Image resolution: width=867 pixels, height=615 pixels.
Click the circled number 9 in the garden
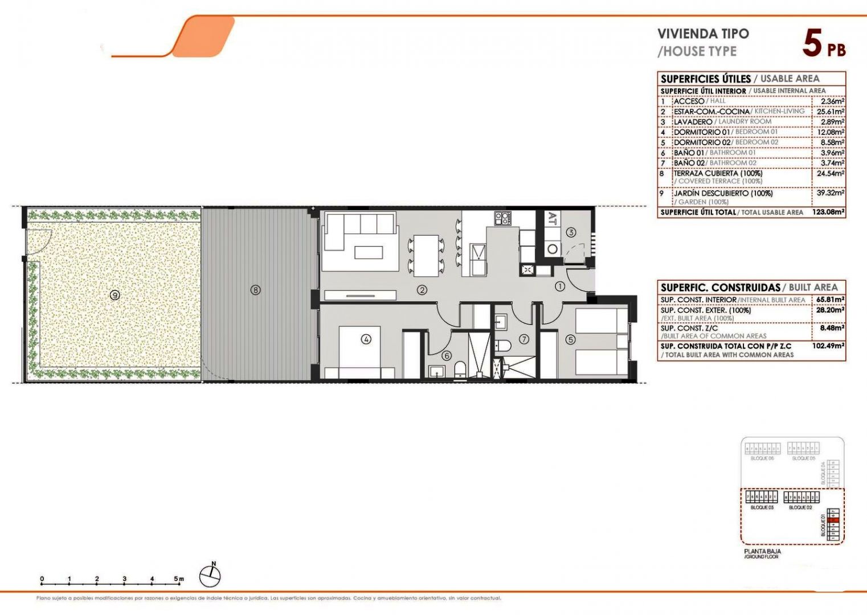click(115, 295)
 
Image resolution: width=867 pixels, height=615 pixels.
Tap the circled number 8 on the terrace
click(256, 290)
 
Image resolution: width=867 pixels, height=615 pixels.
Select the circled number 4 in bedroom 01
click(366, 339)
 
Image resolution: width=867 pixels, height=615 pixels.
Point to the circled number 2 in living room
click(422, 290)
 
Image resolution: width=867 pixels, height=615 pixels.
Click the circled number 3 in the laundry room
click(571, 232)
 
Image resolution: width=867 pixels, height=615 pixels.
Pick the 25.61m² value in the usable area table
click(831, 112)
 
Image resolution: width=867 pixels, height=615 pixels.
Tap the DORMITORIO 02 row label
click(702, 142)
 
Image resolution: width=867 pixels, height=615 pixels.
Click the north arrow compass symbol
click(210, 576)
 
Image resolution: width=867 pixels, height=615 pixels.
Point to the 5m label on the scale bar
click(179, 579)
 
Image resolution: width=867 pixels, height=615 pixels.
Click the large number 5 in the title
click(812, 43)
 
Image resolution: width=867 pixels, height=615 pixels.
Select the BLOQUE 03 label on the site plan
click(762, 507)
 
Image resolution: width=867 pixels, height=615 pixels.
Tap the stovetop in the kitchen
click(502, 218)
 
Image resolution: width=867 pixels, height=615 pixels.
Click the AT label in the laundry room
click(551, 219)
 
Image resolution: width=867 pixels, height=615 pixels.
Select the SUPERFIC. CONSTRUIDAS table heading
click(720, 288)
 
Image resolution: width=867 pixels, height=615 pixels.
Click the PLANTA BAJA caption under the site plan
click(762, 551)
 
